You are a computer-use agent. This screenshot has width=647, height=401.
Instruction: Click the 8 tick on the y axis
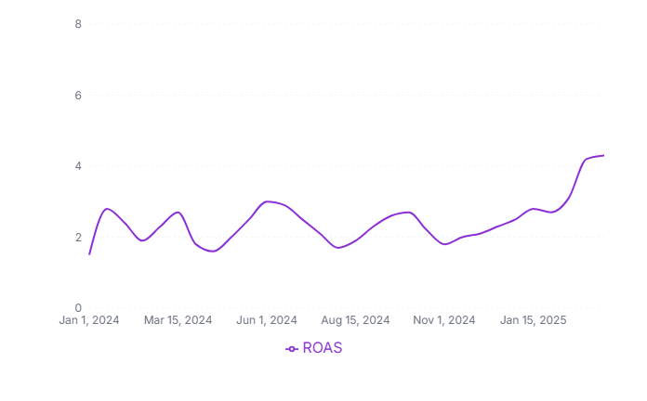coord(78,24)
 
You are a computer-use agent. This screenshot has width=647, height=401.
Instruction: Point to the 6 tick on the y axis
coord(78,96)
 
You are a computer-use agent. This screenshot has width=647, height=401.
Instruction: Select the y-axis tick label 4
coord(78,166)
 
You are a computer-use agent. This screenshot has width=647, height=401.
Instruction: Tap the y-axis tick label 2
coord(78,238)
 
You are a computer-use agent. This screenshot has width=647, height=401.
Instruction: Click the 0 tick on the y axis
coord(78,308)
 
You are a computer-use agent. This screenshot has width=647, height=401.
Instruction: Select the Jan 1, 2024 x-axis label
coord(89,320)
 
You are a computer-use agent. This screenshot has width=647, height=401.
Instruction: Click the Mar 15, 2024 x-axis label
coord(178,320)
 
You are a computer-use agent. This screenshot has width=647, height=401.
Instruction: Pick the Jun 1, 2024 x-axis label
coord(268,320)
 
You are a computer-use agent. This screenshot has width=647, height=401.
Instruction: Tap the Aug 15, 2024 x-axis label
coord(355,320)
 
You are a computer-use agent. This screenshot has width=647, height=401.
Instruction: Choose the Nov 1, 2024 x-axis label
coord(445,320)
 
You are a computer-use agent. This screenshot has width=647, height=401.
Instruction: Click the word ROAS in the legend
coord(323,348)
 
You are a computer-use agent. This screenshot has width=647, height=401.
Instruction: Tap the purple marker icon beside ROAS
coord(292,348)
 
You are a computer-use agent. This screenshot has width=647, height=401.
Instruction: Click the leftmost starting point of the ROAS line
coord(89,253)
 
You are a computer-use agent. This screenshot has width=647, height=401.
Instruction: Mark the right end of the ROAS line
coord(603,155)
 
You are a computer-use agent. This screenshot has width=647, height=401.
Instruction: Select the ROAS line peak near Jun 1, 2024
coord(268,201)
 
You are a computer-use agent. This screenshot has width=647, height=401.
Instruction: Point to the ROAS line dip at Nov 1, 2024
coord(445,244)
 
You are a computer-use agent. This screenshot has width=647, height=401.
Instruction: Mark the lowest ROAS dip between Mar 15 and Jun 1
coord(213,251)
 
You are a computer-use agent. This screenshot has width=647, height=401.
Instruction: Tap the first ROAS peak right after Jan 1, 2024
coord(108,209)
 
